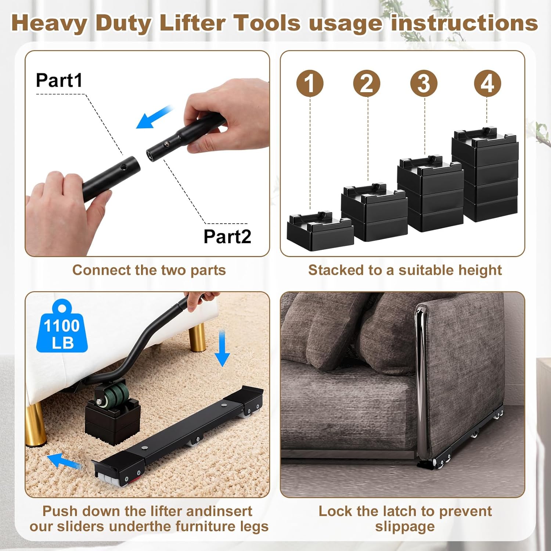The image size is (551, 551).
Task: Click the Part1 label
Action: tap(59, 80)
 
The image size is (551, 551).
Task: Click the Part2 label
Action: tap(227, 236)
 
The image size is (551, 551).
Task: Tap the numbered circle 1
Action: tap(310, 83)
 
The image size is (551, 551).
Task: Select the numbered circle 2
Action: tap(367, 83)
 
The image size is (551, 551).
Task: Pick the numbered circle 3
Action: tap(424, 83)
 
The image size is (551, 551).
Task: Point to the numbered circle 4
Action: tap(487, 83)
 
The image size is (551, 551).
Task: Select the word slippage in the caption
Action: tap(405, 527)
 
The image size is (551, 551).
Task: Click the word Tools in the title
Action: tap(267, 23)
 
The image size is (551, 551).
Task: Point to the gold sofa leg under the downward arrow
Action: tap(197, 338)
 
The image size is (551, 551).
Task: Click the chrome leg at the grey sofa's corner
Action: tap(421, 382)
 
